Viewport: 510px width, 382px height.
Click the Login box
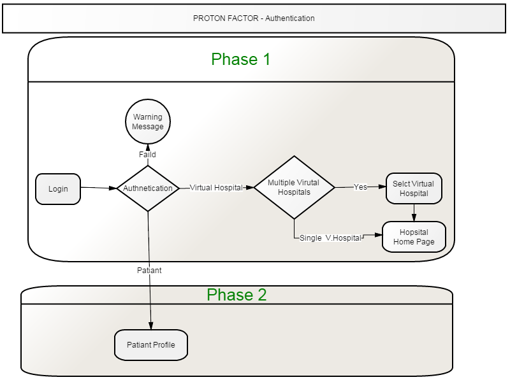(x=58, y=189)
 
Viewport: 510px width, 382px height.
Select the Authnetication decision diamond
(x=148, y=188)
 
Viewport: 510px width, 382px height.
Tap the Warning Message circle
(x=148, y=122)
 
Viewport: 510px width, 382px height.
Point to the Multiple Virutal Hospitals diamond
(x=295, y=187)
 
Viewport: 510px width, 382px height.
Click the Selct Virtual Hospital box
(x=414, y=188)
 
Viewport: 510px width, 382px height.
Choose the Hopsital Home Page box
(x=414, y=237)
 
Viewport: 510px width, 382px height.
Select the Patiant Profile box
(x=151, y=345)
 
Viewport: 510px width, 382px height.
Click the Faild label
(x=147, y=155)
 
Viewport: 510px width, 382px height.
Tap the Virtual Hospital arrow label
(x=216, y=188)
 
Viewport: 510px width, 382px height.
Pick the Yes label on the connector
(x=360, y=187)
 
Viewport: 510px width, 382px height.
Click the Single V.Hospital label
(x=330, y=238)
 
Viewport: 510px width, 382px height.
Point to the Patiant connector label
(x=149, y=270)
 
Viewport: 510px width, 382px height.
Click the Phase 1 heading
(x=241, y=59)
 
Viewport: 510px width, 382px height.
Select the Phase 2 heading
(x=237, y=295)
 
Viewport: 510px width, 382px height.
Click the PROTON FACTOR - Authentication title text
(x=254, y=18)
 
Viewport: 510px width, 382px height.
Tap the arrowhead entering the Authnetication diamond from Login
(x=113, y=188)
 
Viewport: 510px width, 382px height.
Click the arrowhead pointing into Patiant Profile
(x=151, y=326)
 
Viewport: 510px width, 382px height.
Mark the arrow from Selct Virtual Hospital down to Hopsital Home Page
(x=414, y=213)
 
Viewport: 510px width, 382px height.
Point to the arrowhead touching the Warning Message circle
(x=148, y=148)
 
